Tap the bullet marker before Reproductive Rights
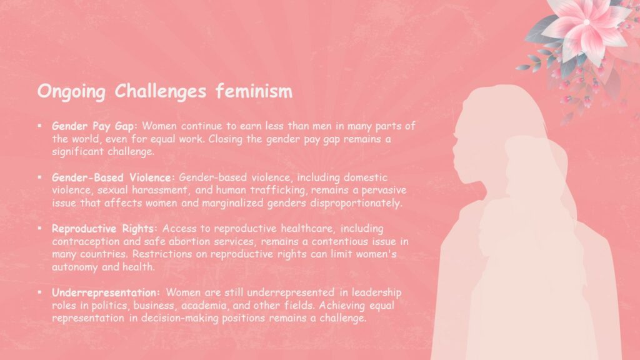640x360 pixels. pos(39,228)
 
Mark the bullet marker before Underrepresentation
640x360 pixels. pos(39,292)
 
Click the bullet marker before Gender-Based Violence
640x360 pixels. pos(39,177)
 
